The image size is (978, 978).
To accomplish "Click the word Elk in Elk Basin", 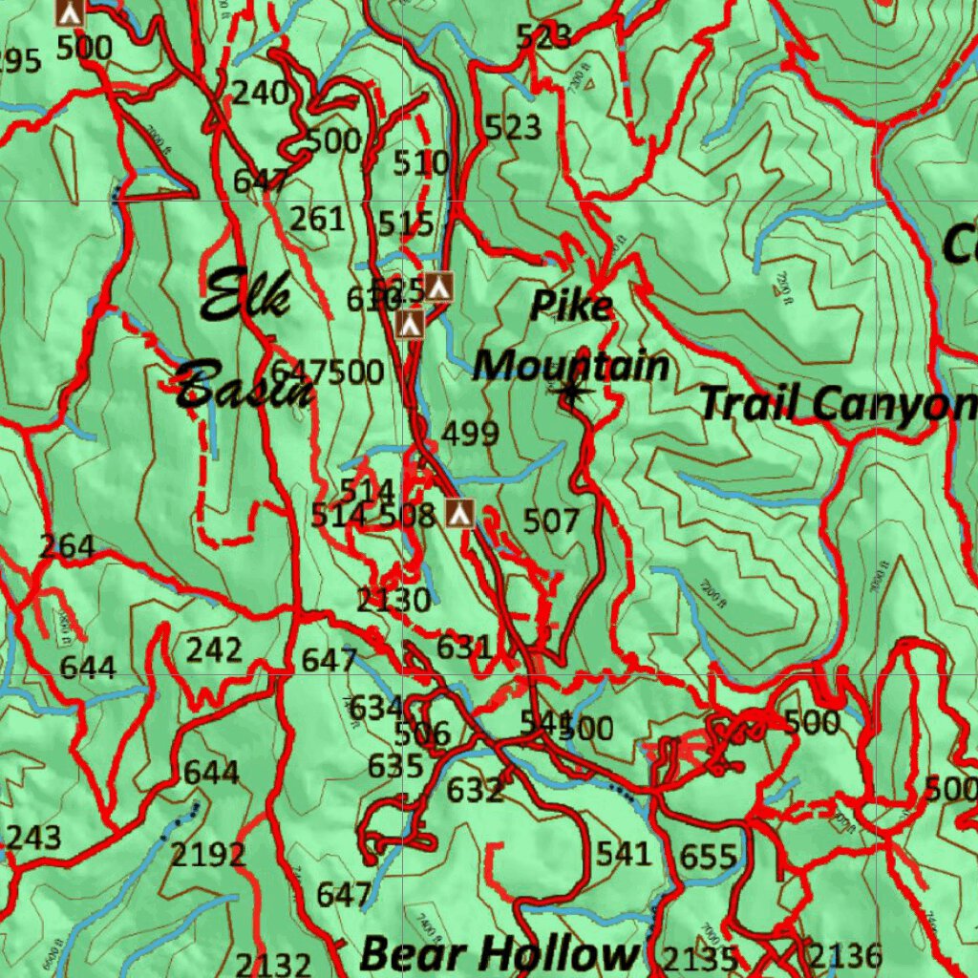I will (x=246, y=294).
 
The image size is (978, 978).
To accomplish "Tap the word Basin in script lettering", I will (x=244, y=385).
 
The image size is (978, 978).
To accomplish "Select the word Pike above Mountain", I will (x=571, y=306).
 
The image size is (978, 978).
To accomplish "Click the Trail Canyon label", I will (x=838, y=403).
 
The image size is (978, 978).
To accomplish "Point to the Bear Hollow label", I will (x=499, y=953).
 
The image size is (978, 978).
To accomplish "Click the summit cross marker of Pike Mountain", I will (x=571, y=390).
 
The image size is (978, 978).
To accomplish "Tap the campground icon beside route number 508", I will (x=459, y=513).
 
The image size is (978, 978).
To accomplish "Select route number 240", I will (x=261, y=93).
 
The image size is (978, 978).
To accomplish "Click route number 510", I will (x=421, y=163).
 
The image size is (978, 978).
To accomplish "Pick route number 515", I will (x=406, y=223).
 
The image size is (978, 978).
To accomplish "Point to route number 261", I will (x=317, y=219).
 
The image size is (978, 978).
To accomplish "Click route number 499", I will (x=470, y=434).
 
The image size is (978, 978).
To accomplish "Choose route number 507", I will (x=551, y=521).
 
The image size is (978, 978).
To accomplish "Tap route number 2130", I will (x=393, y=601).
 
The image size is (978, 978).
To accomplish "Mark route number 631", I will (x=463, y=648).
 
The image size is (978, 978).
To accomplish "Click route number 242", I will (x=214, y=650).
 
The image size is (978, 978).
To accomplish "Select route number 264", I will (x=67, y=546).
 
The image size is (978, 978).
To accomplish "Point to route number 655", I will (x=709, y=857).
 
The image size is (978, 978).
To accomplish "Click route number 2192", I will (x=208, y=854).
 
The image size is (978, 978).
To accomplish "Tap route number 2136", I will (x=845, y=955).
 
